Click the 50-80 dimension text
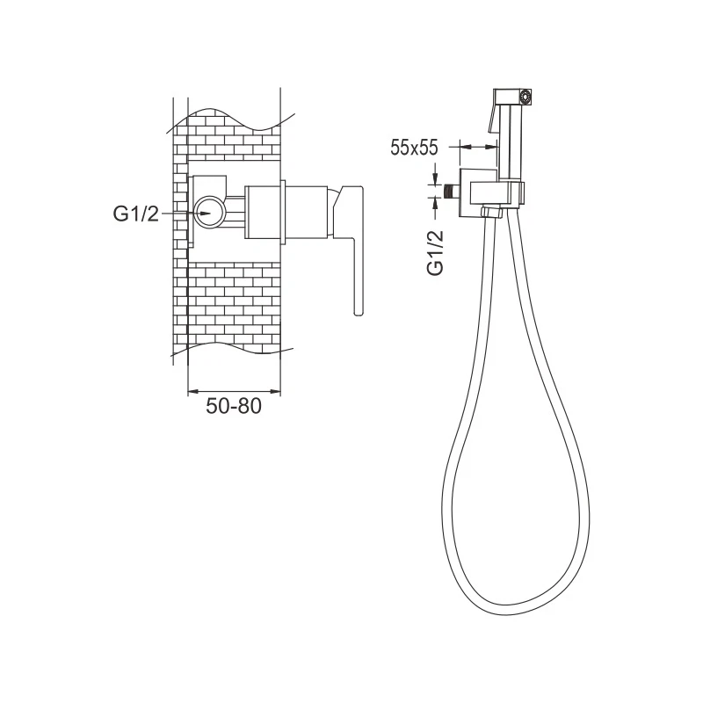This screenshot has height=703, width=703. pyautogui.click(x=234, y=406)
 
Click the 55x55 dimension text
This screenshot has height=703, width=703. pyautogui.click(x=414, y=148)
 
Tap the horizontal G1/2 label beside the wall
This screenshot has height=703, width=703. pyautogui.click(x=136, y=214)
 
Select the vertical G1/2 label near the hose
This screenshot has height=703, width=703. pyautogui.click(x=436, y=252)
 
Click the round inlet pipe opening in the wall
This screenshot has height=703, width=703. pyautogui.click(x=209, y=213)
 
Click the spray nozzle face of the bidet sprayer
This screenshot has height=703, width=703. pyautogui.click(x=525, y=97)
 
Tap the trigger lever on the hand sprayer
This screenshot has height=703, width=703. pyautogui.click(x=493, y=119)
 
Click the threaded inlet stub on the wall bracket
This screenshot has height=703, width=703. pyautogui.click(x=451, y=192)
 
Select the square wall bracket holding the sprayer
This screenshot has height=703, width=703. pyautogui.click(x=479, y=192)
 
